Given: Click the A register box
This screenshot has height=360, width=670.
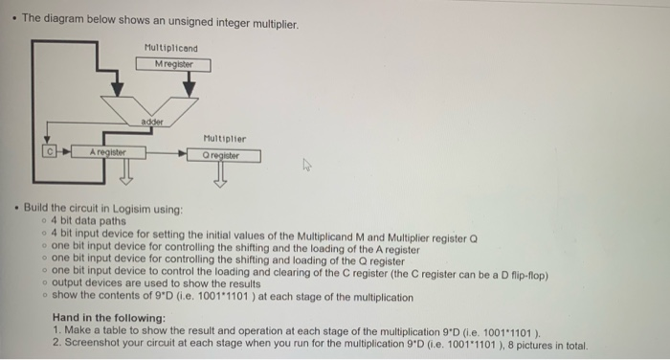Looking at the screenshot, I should click(x=104, y=152).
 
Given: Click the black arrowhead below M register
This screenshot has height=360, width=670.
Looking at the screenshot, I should click(x=190, y=88).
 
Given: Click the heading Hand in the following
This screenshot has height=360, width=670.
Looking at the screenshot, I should click(x=109, y=317).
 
